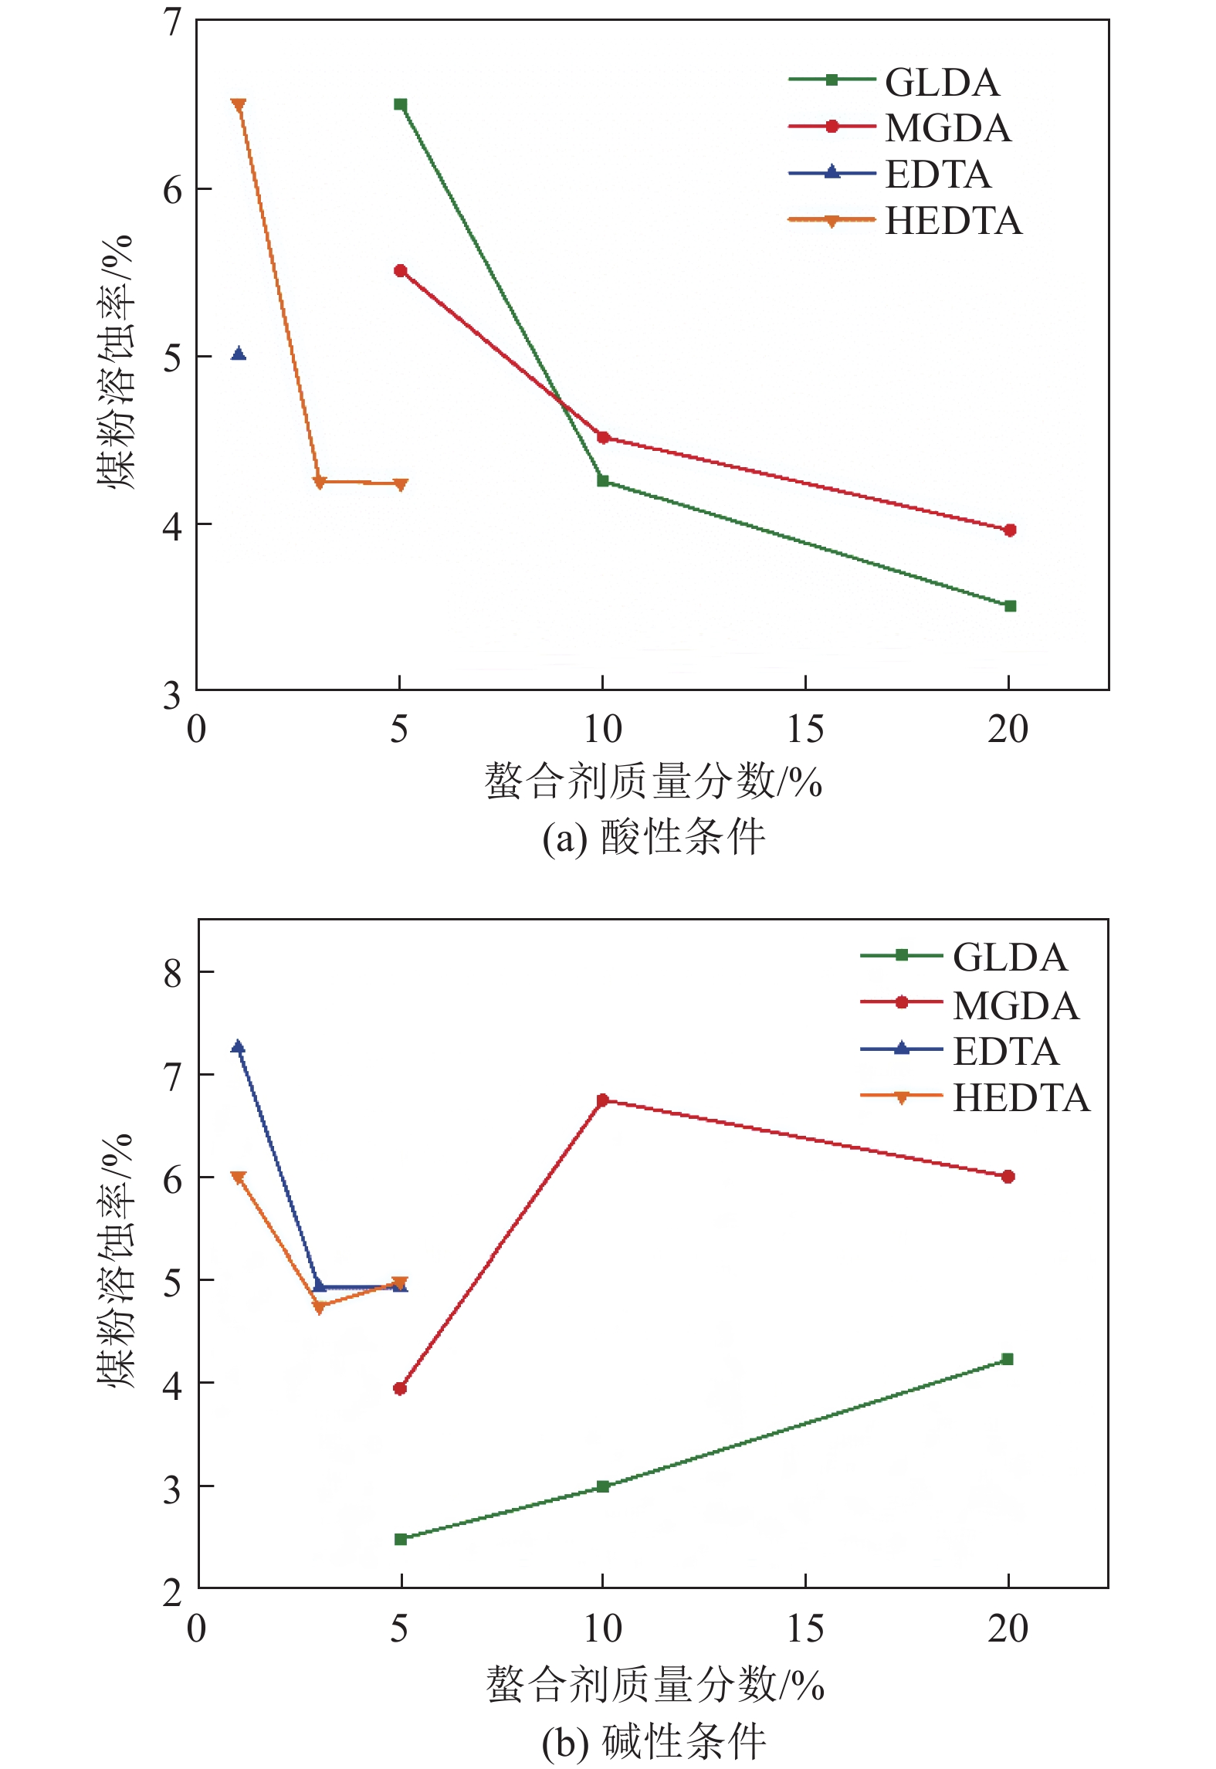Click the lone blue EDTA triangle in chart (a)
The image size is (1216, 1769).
tap(239, 354)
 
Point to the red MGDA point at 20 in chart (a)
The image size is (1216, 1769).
tap(1009, 530)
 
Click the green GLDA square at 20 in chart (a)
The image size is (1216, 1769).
tap(1009, 606)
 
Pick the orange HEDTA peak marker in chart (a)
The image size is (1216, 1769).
tap(239, 104)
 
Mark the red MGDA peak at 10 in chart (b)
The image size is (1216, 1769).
tap(603, 1100)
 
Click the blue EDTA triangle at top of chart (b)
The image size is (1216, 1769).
tap(239, 1047)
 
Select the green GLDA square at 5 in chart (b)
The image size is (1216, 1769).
tap(401, 1539)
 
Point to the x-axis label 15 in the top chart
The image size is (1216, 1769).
tap(804, 730)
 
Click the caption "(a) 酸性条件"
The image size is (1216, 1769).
tap(653, 838)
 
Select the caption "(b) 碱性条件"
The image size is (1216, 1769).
tap(653, 1742)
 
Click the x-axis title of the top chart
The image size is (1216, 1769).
tap(653, 781)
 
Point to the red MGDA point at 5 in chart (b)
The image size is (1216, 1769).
tap(400, 1388)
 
